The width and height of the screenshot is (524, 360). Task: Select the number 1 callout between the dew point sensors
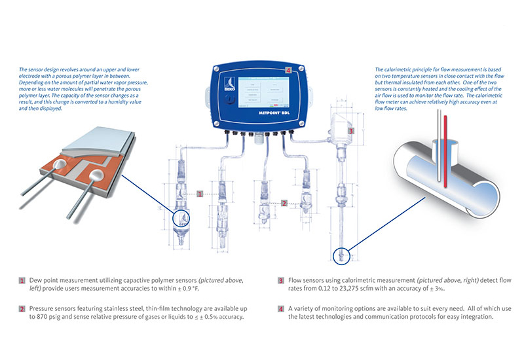click(200, 194)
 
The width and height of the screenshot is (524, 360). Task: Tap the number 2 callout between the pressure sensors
click(284, 203)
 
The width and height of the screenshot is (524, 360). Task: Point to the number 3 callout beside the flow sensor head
click(351, 130)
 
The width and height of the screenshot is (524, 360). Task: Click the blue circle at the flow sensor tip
click(342, 255)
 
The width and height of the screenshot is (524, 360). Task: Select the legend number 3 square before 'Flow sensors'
click(282, 280)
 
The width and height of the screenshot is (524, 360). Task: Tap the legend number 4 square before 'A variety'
click(282, 308)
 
